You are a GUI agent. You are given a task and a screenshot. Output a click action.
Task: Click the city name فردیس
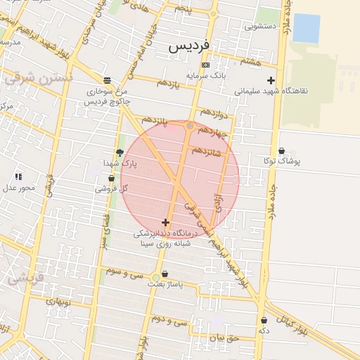[x=189, y=46]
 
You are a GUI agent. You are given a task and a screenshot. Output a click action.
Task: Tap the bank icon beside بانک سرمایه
[x=205, y=65]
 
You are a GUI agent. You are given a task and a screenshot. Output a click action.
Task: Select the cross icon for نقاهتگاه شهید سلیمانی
[x=271, y=80]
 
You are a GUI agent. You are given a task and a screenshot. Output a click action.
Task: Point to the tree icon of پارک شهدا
[x=119, y=153]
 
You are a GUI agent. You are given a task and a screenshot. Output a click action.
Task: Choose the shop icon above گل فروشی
[x=111, y=178]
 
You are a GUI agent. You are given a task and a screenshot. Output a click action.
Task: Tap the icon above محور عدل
[x=18, y=176]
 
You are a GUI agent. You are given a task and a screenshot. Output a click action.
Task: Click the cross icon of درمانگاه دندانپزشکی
[x=165, y=222]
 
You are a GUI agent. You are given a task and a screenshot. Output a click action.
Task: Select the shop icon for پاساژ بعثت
[x=165, y=274]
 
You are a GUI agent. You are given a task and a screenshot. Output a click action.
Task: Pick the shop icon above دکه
[x=264, y=320]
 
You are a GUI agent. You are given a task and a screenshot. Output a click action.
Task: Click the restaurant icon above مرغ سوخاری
[x=107, y=80]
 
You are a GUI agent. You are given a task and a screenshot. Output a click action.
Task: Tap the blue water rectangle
[x=305, y=27]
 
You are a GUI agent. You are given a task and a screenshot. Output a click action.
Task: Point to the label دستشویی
[x=260, y=26]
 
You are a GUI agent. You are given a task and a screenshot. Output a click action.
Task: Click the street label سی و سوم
[x=124, y=269]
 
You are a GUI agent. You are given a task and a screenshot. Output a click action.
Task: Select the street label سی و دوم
[x=171, y=320]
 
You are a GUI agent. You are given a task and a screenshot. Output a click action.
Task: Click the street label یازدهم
[x=169, y=84]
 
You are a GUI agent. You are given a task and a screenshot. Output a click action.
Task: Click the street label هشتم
[x=250, y=63]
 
